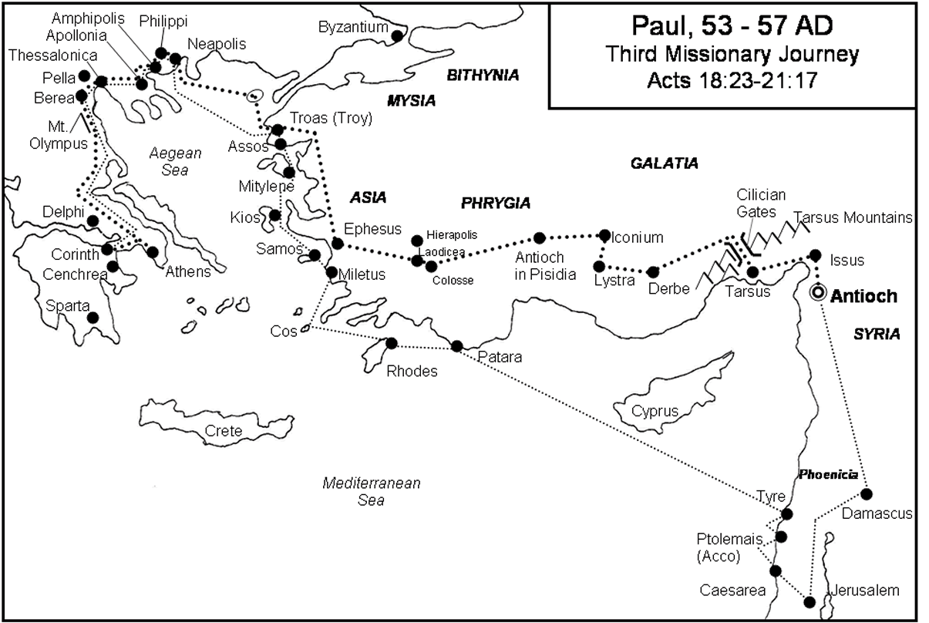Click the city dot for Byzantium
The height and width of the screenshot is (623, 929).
tap(397, 35)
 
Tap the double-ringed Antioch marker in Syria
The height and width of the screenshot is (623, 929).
tap(818, 294)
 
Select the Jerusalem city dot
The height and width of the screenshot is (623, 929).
tap(810, 602)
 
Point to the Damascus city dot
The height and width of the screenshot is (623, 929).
tap(867, 493)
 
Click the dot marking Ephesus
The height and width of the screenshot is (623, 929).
tap(337, 244)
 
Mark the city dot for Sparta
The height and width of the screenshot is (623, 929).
tap(93, 317)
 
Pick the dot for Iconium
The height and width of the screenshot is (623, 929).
tap(604, 235)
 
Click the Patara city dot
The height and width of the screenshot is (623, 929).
tap(456, 345)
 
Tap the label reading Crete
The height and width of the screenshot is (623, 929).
tap(223, 431)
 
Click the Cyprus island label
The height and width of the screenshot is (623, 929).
tap(655, 411)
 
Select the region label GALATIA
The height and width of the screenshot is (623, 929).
tap(664, 163)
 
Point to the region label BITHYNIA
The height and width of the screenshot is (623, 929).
tap(483, 75)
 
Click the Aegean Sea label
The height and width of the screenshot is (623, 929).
tap(175, 161)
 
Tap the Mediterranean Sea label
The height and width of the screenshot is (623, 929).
tap(372, 492)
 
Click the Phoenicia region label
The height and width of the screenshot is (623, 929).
tap(827, 475)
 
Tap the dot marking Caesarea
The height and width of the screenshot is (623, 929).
tap(776, 571)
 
